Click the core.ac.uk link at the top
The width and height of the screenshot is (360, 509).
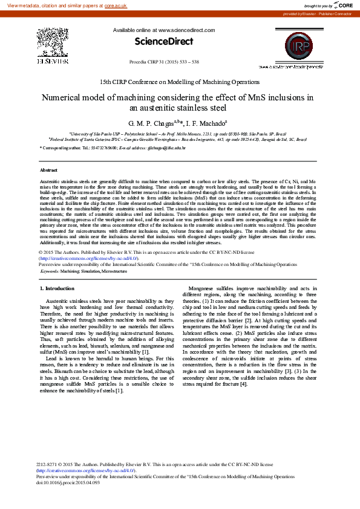pos(116,5)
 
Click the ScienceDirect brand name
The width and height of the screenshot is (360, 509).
pos(163,42)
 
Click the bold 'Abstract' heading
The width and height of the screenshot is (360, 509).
pos(48,170)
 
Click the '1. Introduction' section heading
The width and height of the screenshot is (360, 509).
pos(57,289)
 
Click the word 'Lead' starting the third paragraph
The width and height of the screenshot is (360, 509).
pos(52,359)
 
